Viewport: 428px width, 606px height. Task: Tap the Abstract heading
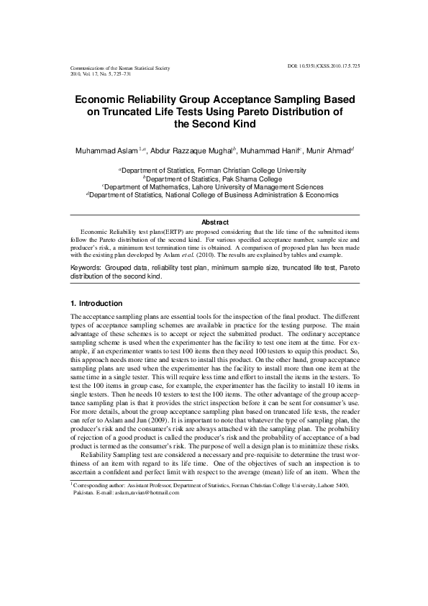tap(214, 222)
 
